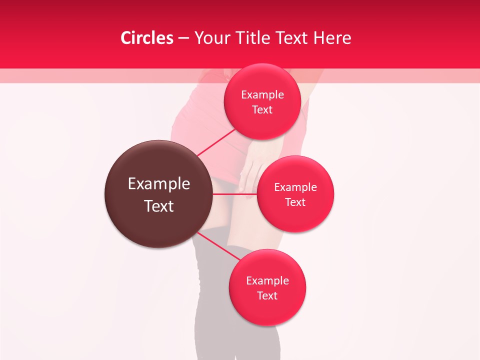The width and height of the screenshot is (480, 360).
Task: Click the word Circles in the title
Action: pyautogui.click(x=146, y=38)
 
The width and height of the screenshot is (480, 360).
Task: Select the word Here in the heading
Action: pyautogui.click(x=332, y=38)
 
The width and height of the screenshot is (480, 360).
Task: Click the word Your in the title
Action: pyautogui.click(x=212, y=38)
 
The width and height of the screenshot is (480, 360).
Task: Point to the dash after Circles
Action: pyautogui.click(x=183, y=38)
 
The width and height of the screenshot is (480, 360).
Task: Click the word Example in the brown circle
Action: pyautogui.click(x=159, y=184)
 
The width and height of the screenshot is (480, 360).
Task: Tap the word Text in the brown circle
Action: pyautogui.click(x=159, y=206)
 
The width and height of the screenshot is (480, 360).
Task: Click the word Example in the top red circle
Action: pyautogui.click(x=262, y=94)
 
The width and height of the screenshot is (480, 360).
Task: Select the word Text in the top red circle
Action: pyautogui.click(x=262, y=109)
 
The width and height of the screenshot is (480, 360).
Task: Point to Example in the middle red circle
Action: pyautogui.click(x=295, y=187)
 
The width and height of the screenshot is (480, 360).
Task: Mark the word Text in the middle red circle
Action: pyautogui.click(x=295, y=202)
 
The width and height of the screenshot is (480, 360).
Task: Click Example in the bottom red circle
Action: pyautogui.click(x=267, y=280)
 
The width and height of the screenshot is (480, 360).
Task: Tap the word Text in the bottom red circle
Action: pyautogui.click(x=267, y=295)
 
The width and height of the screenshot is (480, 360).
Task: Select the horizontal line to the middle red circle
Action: pyautogui.click(x=235, y=194)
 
